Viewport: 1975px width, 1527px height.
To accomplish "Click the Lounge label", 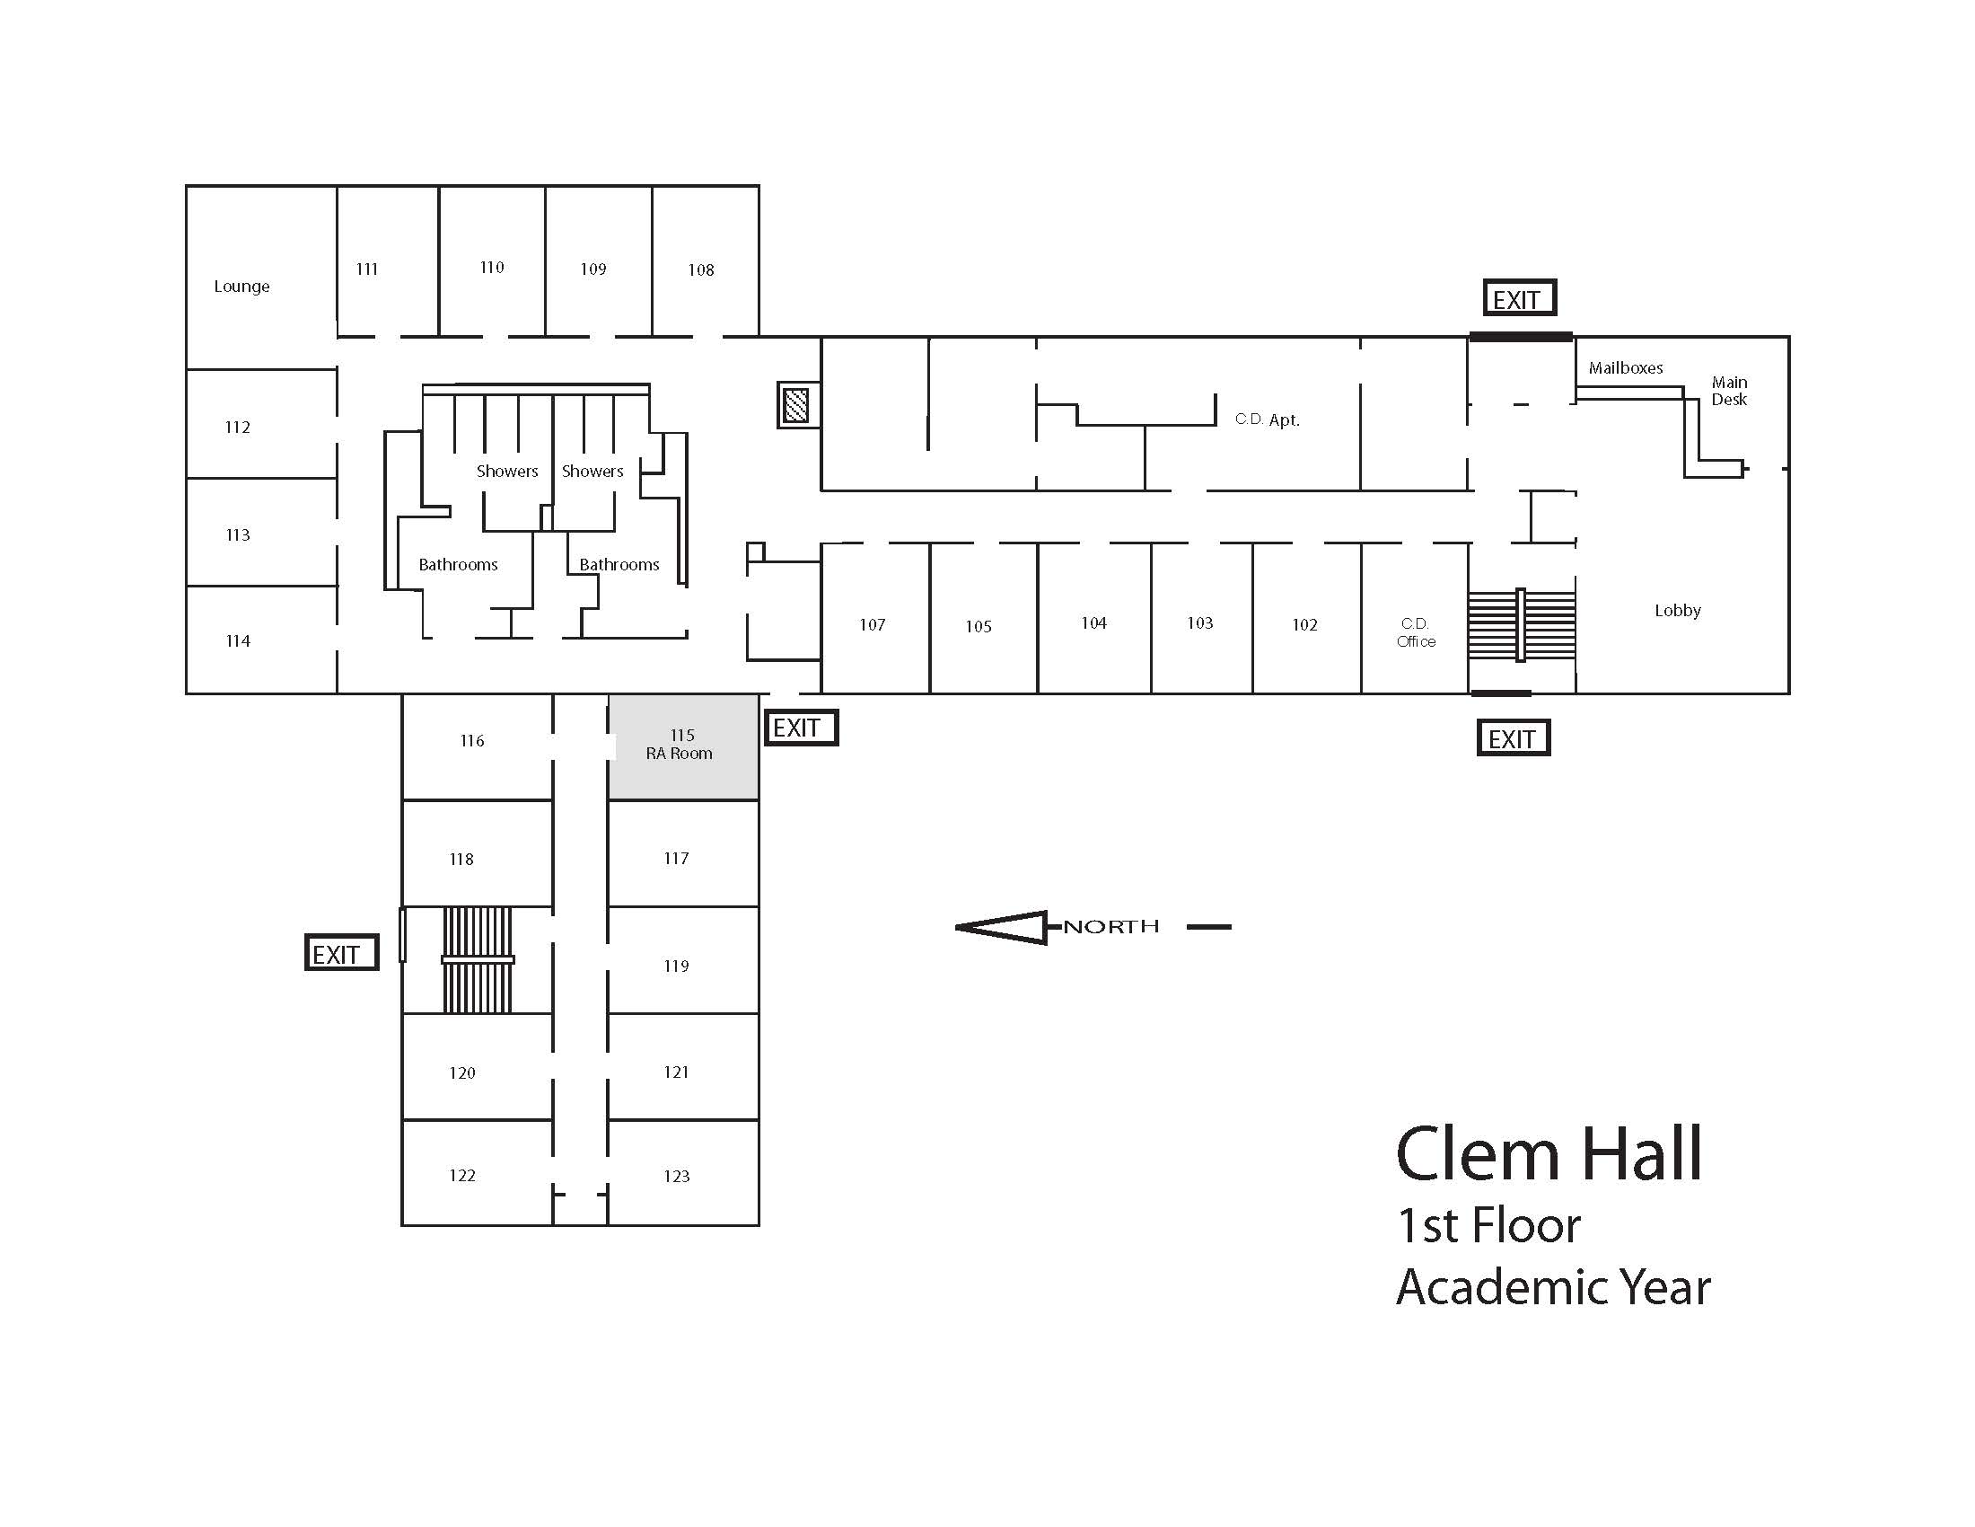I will click(241, 287).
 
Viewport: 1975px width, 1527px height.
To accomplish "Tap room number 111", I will click(366, 269).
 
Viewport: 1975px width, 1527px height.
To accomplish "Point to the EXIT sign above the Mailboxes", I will click(1519, 298).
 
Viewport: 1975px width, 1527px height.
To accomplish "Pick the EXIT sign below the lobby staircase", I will click(1513, 738).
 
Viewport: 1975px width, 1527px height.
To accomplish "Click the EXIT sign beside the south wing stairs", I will click(341, 953).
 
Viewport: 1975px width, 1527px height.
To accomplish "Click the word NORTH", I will click(1110, 926).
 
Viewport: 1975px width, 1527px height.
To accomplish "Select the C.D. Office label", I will click(1415, 632).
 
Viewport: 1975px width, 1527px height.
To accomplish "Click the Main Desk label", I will click(1729, 391).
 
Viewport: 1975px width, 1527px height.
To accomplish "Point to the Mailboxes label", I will click(1625, 368).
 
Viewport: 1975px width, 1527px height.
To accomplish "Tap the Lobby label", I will click(1678, 611).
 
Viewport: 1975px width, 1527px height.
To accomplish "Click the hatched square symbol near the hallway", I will click(796, 404).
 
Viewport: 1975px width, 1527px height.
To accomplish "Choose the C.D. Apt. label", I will click(1267, 419).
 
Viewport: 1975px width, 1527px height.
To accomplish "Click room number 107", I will click(872, 624).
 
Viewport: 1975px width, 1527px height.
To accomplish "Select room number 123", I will click(675, 1176).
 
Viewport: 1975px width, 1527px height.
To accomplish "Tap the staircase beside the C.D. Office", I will click(1521, 624).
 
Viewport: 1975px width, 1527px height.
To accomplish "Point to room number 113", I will click(237, 534).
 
